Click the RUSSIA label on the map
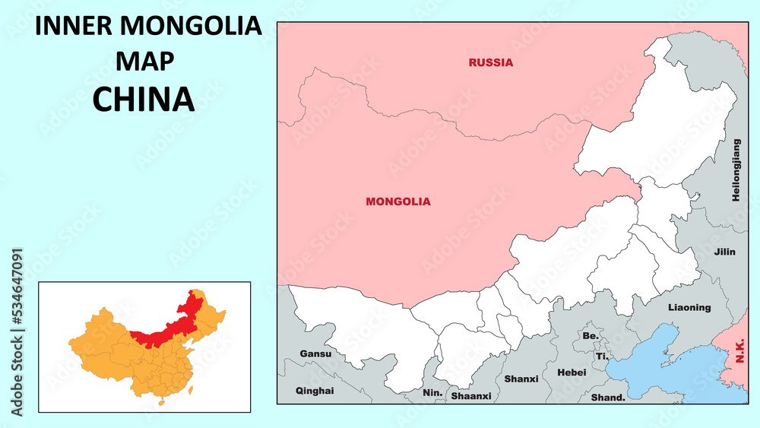tap(490, 62)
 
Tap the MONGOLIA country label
tap(397, 201)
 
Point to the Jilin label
tap(724, 252)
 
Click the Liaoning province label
tap(689, 308)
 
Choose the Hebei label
tap(572, 373)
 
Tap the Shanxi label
tap(521, 379)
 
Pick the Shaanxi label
tap(471, 396)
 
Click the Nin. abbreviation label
tap(432, 394)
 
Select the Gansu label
tap(315, 353)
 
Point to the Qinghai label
tap(314, 391)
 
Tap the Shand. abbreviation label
tap(608, 397)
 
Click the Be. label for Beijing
tap(591, 335)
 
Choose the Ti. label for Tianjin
tap(602, 356)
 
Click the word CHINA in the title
tap(144, 100)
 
